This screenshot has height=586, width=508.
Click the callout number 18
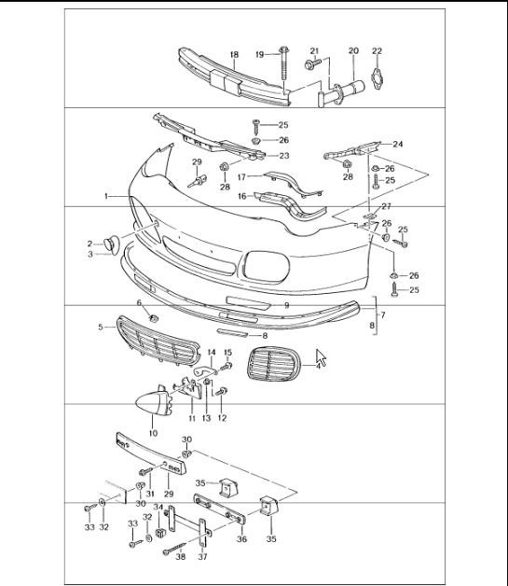click(233, 55)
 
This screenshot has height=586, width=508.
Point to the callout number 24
click(397, 144)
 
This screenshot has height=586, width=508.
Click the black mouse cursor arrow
click(322, 358)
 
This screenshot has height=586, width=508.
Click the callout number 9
click(287, 305)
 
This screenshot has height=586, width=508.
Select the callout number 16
click(241, 197)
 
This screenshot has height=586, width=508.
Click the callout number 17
click(241, 175)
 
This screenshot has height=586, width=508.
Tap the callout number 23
click(284, 156)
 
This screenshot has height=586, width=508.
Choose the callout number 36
click(241, 538)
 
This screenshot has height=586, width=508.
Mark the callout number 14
click(211, 353)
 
